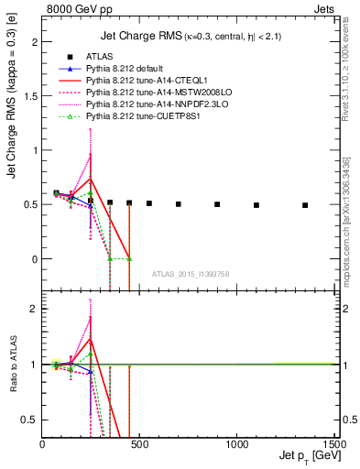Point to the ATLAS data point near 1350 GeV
(305, 205)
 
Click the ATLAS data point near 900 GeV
(217, 204)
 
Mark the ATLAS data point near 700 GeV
(178, 204)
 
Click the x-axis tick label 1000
(236, 443)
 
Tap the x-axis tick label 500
(139, 443)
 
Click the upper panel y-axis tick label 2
(34, 42)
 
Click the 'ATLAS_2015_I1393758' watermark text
(190, 274)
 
